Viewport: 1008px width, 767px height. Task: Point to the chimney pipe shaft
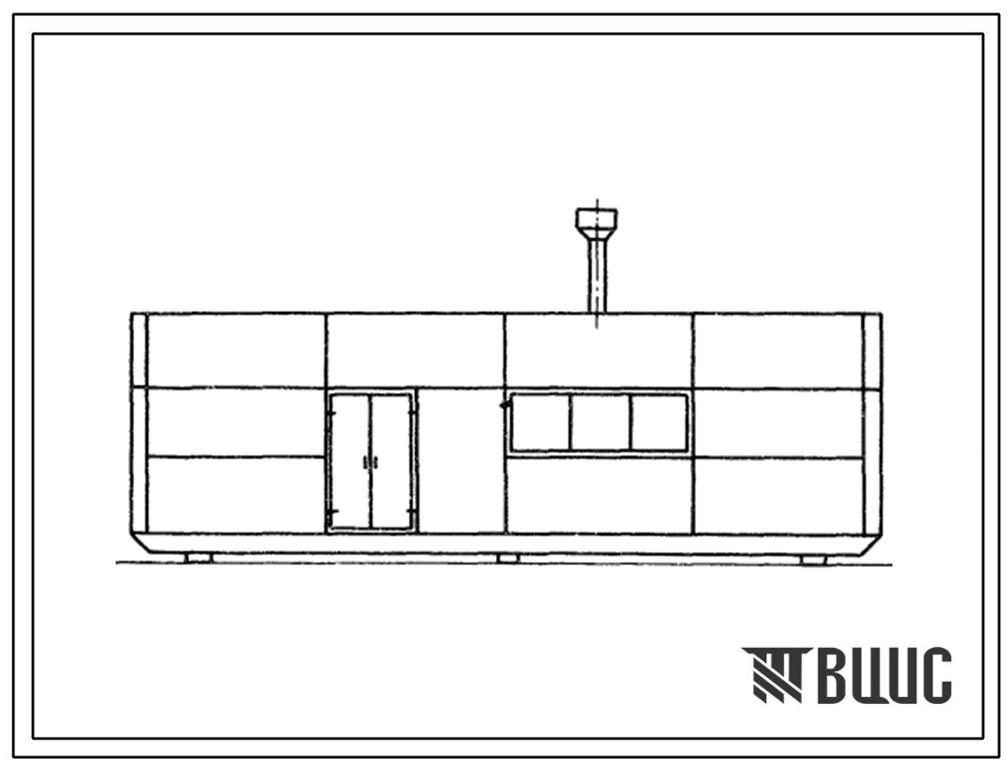coord(597,276)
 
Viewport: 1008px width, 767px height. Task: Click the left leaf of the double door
coord(350,461)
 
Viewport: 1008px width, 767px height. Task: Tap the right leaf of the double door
coord(391,461)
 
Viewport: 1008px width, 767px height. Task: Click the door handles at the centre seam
coord(371,462)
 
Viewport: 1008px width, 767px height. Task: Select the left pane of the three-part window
coord(540,422)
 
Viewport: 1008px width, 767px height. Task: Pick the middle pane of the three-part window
coord(600,422)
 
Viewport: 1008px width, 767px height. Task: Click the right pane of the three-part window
coord(659,422)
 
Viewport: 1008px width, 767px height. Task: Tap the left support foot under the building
coord(198,558)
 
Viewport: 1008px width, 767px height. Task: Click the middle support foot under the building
coord(508,559)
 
